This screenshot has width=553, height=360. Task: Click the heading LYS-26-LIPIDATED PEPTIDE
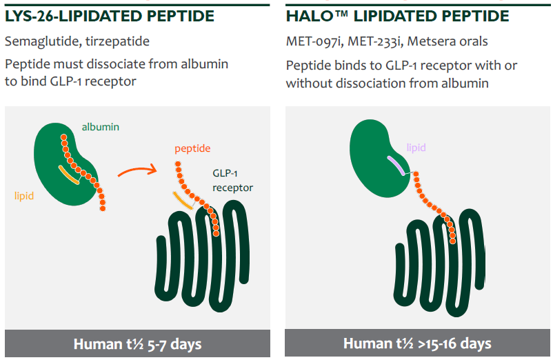110,17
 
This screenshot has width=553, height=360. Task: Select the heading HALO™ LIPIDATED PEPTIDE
398,17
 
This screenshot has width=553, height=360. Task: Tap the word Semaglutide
39,41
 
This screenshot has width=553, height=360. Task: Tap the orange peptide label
192,148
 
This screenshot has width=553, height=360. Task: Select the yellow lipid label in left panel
24,196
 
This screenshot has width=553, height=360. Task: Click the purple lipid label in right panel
416,148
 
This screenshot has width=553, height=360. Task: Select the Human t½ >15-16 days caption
417,343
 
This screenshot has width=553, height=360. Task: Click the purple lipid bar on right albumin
396,165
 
